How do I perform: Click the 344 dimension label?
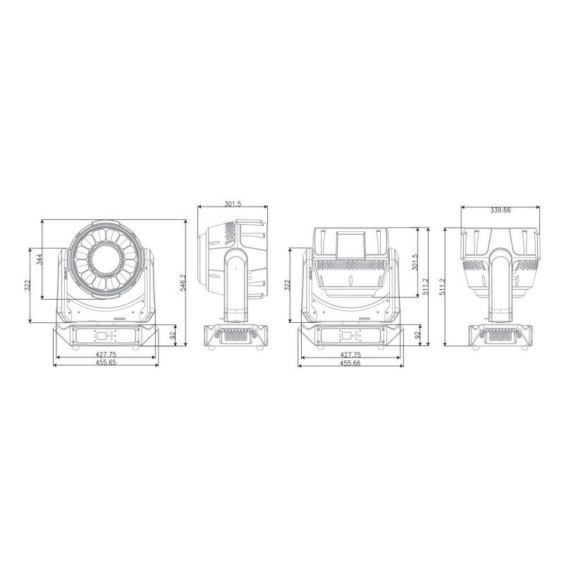(40, 259)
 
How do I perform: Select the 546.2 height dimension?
(182, 283)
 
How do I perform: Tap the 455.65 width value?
(106, 362)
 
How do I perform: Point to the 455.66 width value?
(350, 362)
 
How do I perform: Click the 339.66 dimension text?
(500, 210)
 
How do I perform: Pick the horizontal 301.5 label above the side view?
(233, 204)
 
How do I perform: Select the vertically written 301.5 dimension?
(415, 262)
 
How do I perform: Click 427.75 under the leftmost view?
(106, 354)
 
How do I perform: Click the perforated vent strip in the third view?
(350, 266)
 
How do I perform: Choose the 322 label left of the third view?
(288, 286)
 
